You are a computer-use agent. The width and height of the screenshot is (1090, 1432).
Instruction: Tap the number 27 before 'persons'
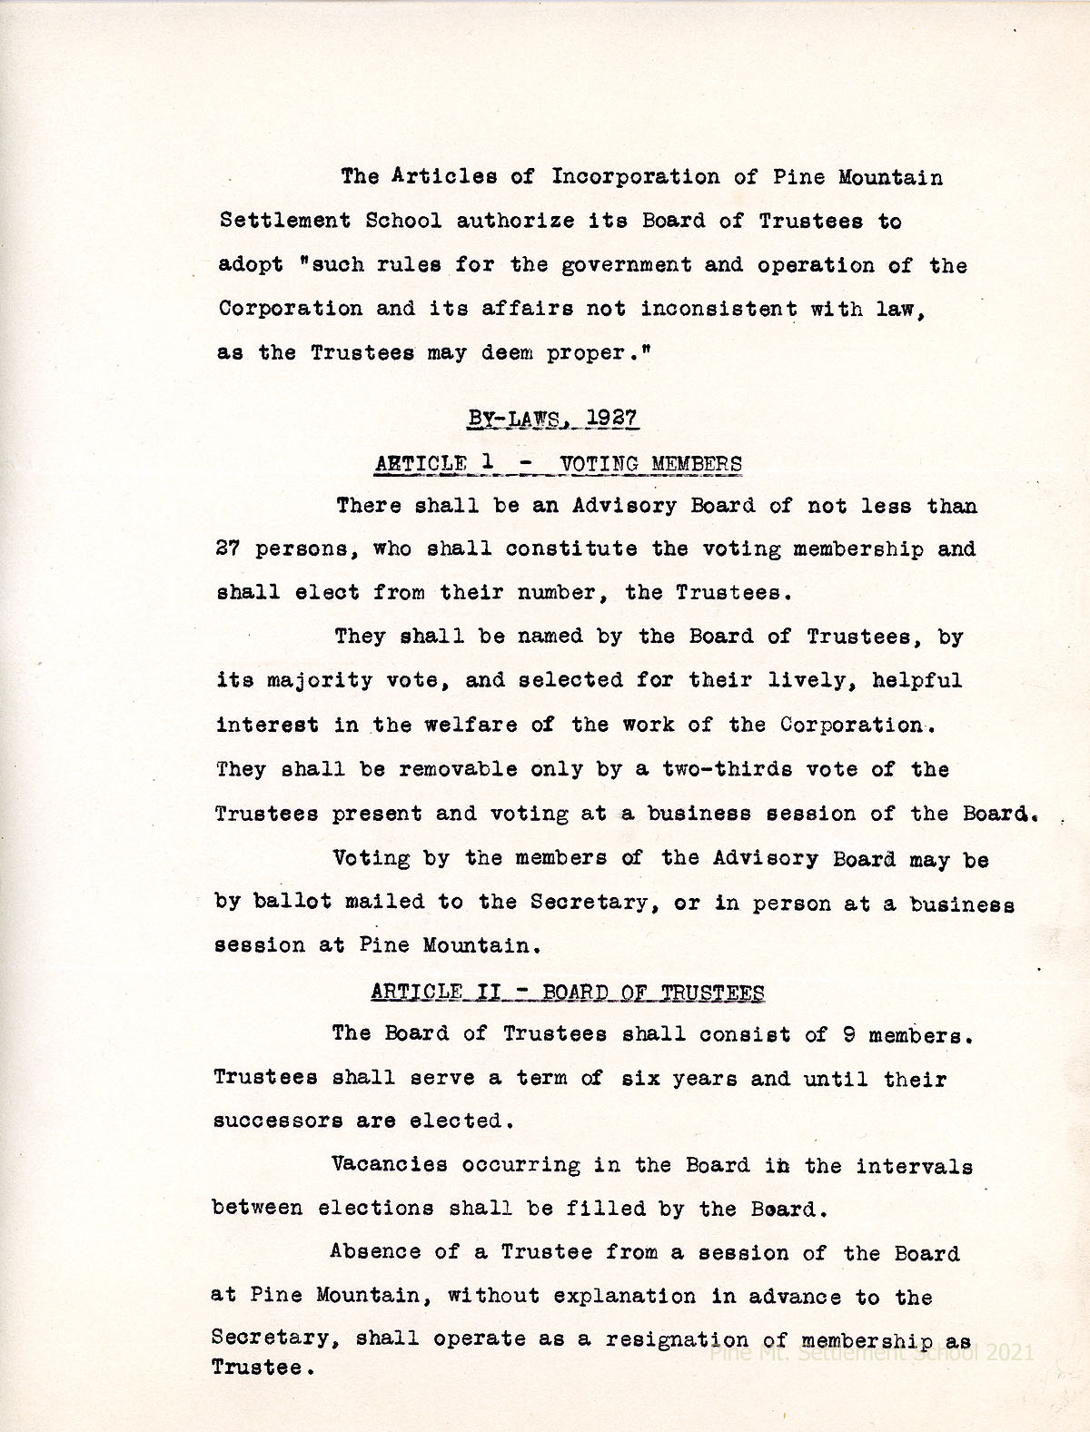click(x=227, y=549)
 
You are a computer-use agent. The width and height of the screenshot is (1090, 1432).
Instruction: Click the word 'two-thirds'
click(x=740, y=769)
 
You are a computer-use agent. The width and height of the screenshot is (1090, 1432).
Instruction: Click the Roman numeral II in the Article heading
click(x=493, y=993)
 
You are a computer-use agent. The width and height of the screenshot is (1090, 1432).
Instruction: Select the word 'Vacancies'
click(x=389, y=1164)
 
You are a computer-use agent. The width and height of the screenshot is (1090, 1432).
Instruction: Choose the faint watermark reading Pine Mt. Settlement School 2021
click(x=872, y=1353)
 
